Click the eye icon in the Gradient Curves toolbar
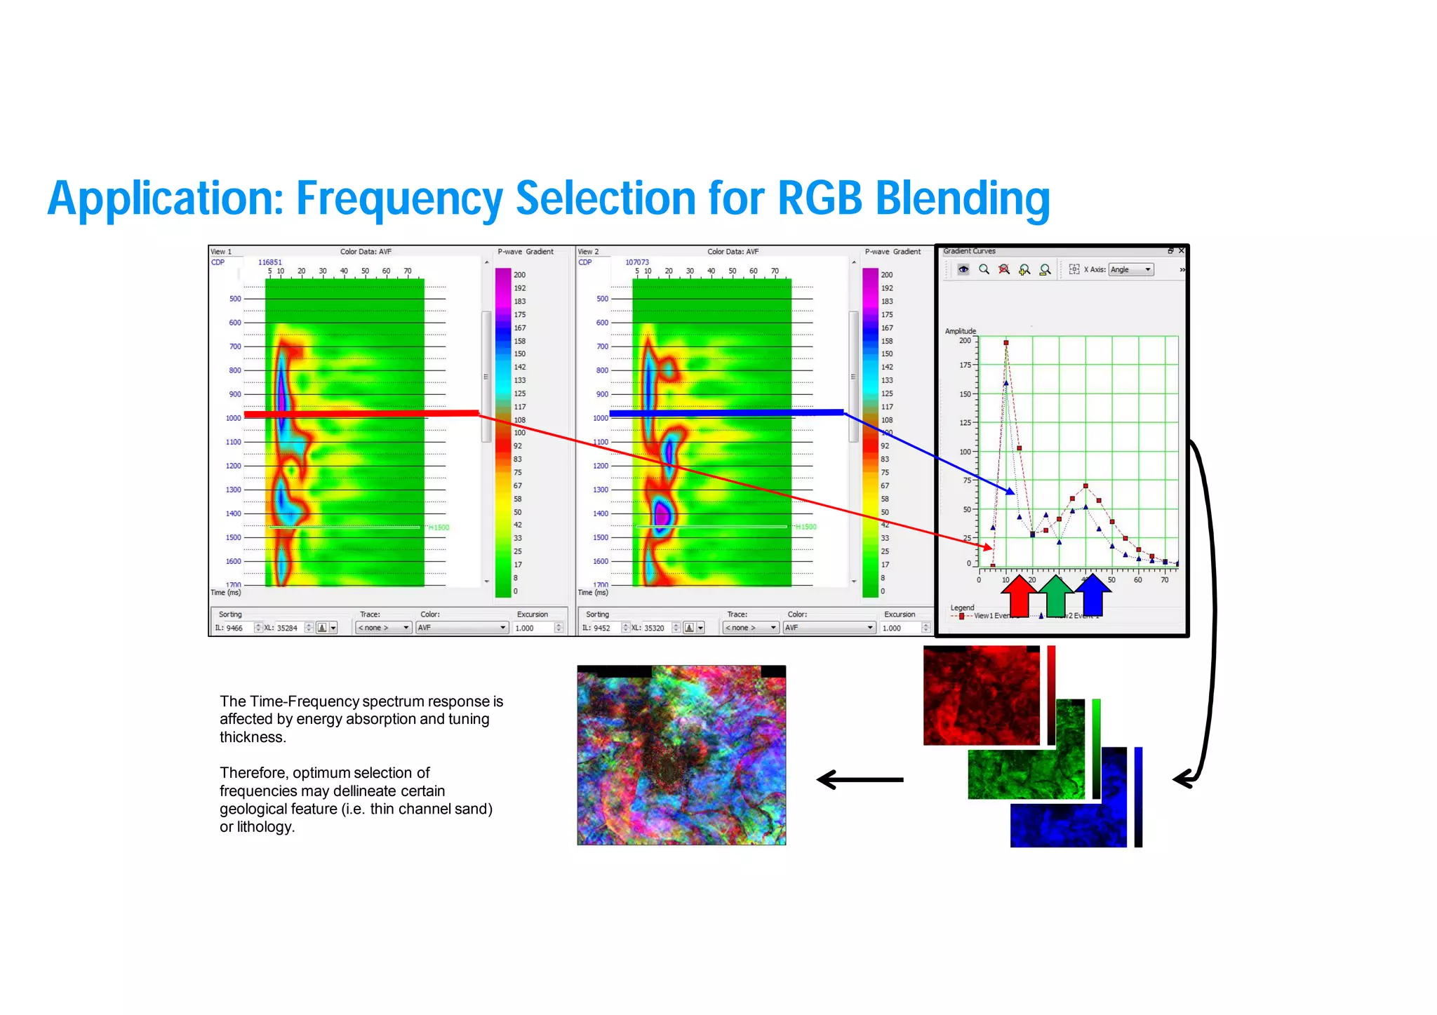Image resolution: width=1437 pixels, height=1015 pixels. [x=963, y=269]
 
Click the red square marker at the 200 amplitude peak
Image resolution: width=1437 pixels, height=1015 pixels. [x=1006, y=343]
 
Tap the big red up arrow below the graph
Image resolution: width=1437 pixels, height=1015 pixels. [x=1019, y=596]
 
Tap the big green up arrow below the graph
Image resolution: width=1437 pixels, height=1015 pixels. [x=1055, y=596]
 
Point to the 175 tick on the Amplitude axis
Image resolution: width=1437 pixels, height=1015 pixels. [x=966, y=365]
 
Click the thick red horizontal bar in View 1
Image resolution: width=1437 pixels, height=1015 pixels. [x=361, y=414]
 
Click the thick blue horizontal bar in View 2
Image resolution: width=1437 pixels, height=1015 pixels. [x=726, y=413]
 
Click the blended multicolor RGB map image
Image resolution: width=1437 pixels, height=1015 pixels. [x=681, y=756]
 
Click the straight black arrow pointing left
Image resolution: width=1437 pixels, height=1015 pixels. [x=860, y=779]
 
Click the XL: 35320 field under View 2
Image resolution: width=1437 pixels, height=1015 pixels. [x=649, y=628]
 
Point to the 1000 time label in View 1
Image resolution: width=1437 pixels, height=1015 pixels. [x=233, y=418]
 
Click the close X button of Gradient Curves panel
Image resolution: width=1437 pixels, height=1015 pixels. [x=1182, y=250]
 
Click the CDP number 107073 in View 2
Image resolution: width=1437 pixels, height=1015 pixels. [x=637, y=262]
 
